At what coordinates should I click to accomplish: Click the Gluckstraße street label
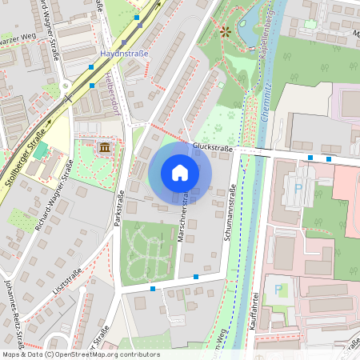[212, 148]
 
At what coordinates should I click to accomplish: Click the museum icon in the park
[106, 148]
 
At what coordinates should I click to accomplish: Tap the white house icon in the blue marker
[180, 173]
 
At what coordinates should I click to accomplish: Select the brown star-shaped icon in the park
[225, 33]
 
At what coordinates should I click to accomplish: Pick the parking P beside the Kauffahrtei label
[278, 289]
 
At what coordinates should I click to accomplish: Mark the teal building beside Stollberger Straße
[40, 151]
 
